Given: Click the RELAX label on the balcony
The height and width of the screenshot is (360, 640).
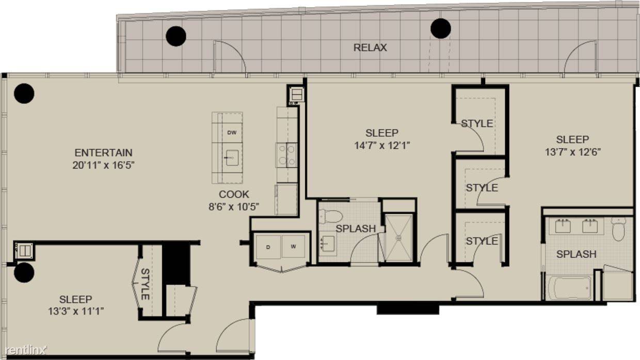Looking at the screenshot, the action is [370, 48].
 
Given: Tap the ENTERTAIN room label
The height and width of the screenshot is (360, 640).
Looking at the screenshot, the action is [103, 153].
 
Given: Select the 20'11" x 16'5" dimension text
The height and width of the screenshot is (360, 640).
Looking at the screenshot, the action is [103, 165].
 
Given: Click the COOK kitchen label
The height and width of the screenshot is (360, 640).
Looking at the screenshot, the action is [234, 194].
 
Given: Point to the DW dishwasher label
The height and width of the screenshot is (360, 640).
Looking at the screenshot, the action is [232, 132].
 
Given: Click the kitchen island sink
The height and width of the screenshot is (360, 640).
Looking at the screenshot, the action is [232, 158].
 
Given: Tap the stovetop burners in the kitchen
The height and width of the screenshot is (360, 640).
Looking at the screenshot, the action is [287, 155].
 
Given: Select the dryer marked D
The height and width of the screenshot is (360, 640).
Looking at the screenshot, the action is [268, 247].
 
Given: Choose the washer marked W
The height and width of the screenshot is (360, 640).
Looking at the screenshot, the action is [294, 247].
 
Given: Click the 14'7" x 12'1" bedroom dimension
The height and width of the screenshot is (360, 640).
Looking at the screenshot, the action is [382, 146].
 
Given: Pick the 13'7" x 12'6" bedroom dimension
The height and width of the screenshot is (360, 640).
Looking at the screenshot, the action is [572, 152].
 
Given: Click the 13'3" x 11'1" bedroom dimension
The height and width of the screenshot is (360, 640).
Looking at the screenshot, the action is [76, 311].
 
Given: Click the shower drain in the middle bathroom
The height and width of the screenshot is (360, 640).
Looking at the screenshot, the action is [398, 237].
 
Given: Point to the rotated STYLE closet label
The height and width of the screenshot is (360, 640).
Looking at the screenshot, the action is [145, 284].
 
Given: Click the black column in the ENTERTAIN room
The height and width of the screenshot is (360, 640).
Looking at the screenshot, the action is [24, 93].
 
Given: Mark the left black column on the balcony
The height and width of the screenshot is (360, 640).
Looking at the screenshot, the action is [176, 36].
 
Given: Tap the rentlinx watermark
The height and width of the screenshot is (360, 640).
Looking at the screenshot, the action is [26, 350].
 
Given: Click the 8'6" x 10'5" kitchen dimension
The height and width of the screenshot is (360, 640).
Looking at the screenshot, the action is [234, 207].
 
